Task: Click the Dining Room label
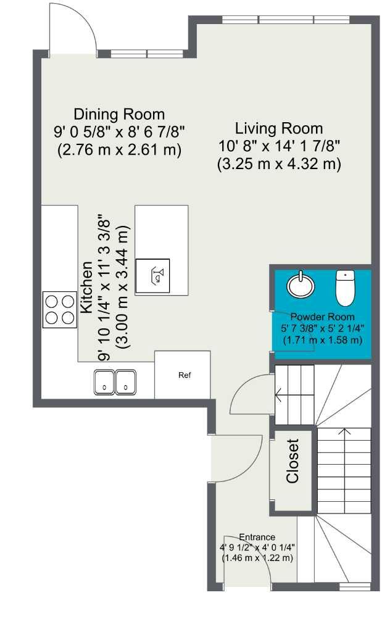(x=119, y=114)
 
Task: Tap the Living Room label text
(x=279, y=129)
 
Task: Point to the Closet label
(x=293, y=461)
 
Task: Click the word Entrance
(x=257, y=537)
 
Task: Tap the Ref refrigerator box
(x=184, y=375)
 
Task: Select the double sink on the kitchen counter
(x=115, y=381)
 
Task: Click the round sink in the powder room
(x=301, y=284)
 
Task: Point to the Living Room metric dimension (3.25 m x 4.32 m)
(x=279, y=165)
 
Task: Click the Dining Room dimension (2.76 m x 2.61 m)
(x=119, y=150)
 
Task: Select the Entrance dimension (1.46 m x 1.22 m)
(x=257, y=558)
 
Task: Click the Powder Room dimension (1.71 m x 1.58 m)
(x=322, y=340)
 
